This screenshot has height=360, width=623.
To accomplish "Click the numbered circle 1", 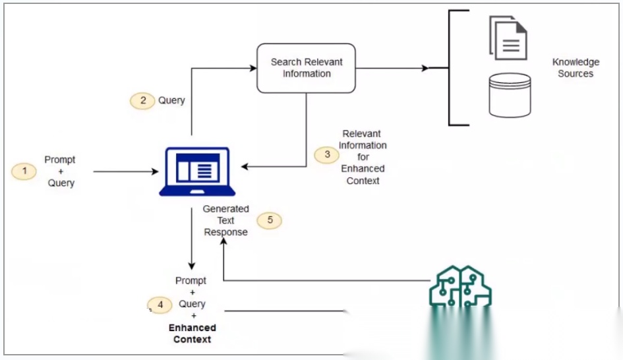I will coord(24,171).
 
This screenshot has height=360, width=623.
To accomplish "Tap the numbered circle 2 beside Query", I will coord(142,100).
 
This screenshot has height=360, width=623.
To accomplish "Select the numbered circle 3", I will coord(326,155).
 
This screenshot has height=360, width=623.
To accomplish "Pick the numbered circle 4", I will coord(160,305).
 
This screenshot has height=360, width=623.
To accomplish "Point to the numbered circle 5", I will coord(269,220).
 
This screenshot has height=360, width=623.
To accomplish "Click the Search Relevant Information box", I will coord(307,68).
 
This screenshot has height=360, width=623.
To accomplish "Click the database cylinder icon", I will coord(510,95).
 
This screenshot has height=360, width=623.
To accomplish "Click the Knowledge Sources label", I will coord(576,68).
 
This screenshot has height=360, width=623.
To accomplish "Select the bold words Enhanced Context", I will coord(192,333).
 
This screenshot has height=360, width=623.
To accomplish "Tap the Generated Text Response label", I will coord(225,220).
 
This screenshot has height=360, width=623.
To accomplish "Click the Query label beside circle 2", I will coord(171,100).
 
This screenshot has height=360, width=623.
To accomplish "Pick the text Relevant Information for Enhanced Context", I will coord(363,157).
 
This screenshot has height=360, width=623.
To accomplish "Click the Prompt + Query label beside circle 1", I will coord(60,171).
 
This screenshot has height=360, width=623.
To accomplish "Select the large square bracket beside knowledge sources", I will coord(451,68).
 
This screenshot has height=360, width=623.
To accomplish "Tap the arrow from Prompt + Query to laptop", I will coord(125,171).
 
